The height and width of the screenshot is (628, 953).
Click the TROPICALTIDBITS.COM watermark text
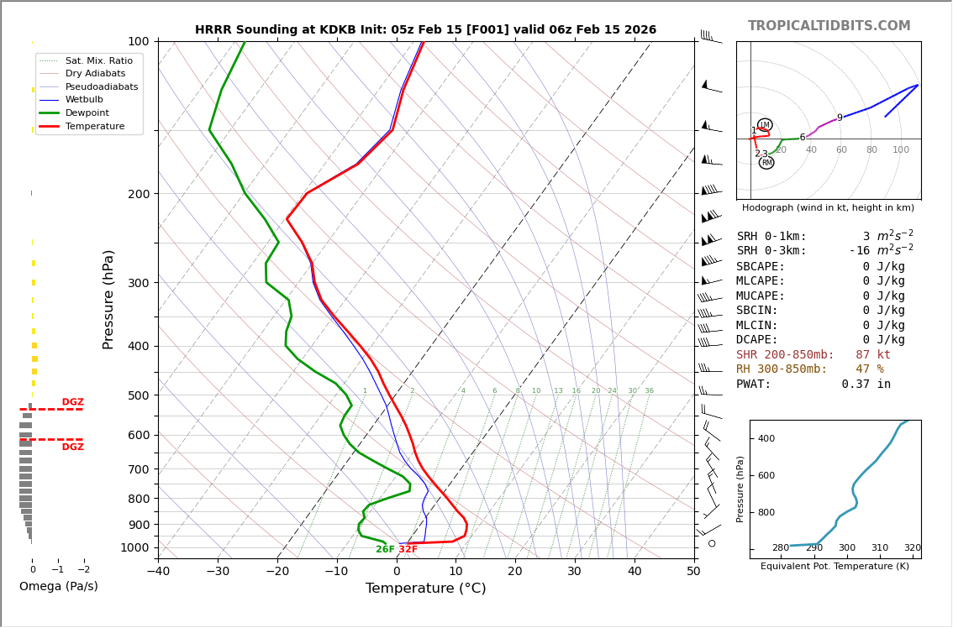[829, 26]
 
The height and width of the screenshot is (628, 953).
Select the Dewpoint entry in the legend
[87, 113]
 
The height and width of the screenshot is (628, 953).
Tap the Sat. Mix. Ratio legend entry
[98, 61]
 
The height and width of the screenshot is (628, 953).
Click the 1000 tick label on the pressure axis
[134, 547]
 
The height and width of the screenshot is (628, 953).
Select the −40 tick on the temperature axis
[158, 572]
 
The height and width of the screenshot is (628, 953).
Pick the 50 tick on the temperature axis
[693, 572]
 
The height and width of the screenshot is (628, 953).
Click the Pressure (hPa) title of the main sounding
[108, 299]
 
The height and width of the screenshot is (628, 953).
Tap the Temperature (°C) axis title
[425, 589]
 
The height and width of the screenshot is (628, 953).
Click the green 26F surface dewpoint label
[385, 550]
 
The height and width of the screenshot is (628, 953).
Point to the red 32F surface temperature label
[408, 550]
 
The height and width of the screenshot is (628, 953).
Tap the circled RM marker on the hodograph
[766, 163]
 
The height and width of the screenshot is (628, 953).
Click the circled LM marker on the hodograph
[765, 125]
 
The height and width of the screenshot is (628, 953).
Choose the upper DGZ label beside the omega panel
[72, 402]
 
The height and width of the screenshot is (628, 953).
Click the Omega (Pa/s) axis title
[58, 587]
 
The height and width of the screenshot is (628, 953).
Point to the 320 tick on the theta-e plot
[912, 548]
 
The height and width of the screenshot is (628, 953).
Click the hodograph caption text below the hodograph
[828, 207]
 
